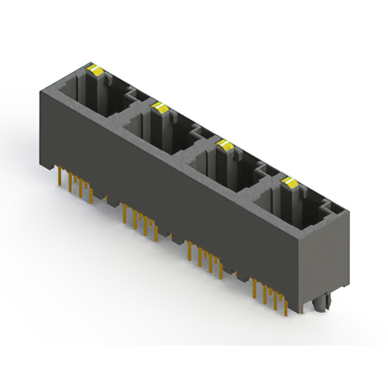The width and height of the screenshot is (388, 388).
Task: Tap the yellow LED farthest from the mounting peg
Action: click(x=95, y=70)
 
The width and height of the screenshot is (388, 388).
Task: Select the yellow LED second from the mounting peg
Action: click(x=224, y=144)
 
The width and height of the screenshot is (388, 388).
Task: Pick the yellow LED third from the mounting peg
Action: click(x=160, y=108)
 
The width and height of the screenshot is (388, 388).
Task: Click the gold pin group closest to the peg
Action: click(x=270, y=297)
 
